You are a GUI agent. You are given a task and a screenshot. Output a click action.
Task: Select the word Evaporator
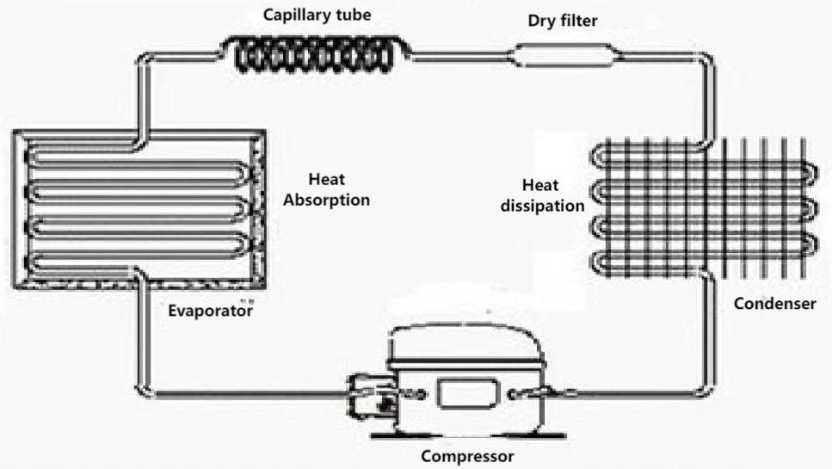(x=210, y=311)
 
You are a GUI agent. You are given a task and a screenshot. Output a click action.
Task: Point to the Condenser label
(x=781, y=304)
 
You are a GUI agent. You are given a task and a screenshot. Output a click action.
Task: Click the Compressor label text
(x=467, y=456)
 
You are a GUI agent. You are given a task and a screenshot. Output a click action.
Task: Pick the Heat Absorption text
(x=326, y=190)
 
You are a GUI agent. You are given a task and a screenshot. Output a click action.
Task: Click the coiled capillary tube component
(x=318, y=53)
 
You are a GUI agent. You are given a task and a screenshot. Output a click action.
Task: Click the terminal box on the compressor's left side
(x=370, y=397)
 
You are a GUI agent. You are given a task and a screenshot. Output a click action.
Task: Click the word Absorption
(x=326, y=201)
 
